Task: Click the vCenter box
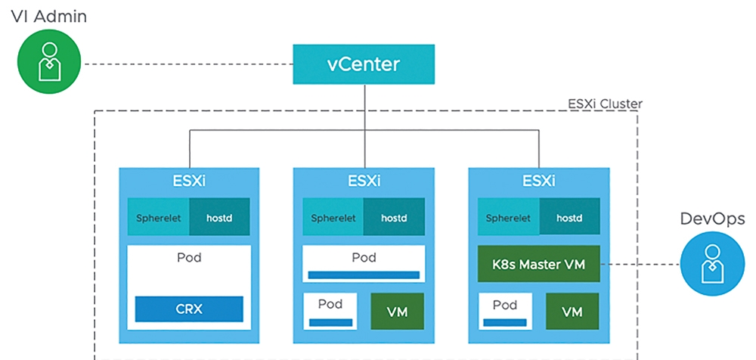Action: [x=364, y=64]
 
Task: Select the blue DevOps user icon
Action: [x=711, y=265]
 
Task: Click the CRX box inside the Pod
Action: [x=189, y=309]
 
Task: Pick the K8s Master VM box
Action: [x=538, y=264]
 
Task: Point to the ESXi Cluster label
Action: [x=605, y=104]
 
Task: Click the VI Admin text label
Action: [x=48, y=16]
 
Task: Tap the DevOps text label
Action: [x=711, y=218]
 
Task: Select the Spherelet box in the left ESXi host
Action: [x=159, y=217]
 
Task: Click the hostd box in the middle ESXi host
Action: [x=394, y=217]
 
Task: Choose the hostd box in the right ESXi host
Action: [x=569, y=217]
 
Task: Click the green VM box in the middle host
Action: [x=398, y=312]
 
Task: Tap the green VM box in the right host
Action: [x=572, y=312]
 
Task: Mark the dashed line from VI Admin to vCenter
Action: [x=187, y=64]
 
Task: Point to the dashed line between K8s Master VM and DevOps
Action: [x=640, y=264]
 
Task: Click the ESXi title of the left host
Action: [x=189, y=182]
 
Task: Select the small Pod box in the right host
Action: [x=505, y=312]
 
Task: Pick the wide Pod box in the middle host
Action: [x=364, y=263]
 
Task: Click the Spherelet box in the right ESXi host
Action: [x=508, y=217]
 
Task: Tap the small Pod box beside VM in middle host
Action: [x=330, y=312]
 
